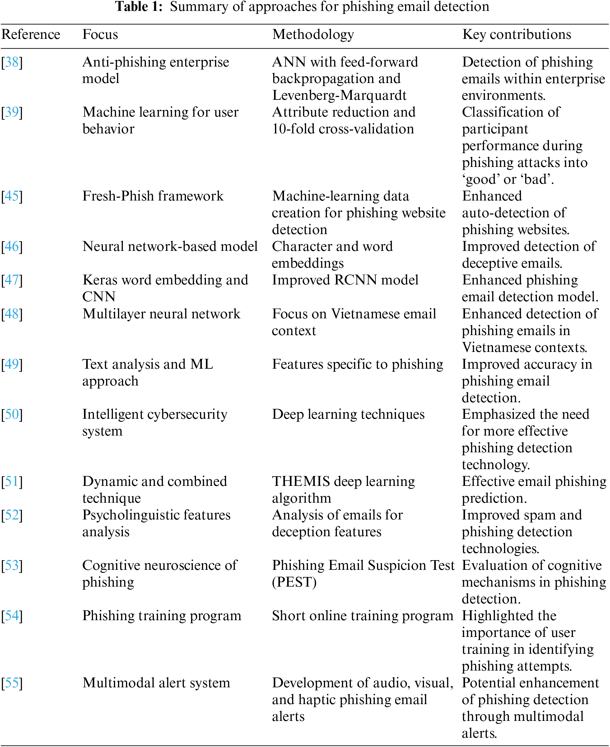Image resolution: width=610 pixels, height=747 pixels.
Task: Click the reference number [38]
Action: click(12, 62)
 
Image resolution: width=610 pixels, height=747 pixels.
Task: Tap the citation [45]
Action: click(12, 196)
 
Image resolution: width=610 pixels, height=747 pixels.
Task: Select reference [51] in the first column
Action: click(12, 482)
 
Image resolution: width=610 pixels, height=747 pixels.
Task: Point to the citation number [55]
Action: click(12, 683)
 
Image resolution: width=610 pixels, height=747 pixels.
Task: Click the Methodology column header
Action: click(313, 35)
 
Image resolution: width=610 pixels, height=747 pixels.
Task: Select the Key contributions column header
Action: click(517, 35)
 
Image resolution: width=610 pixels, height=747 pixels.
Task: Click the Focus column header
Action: click(100, 35)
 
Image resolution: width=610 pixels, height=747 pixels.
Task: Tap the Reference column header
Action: click(31, 35)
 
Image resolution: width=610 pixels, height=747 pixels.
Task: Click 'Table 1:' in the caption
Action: click(139, 7)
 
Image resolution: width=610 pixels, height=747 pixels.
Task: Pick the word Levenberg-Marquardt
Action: click(339, 95)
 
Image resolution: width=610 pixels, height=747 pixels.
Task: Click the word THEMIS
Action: click(301, 482)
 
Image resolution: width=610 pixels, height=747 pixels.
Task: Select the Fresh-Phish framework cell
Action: click(153, 196)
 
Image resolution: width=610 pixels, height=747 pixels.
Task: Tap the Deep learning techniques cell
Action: click(348, 414)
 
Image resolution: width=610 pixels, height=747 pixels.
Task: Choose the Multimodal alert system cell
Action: click(156, 683)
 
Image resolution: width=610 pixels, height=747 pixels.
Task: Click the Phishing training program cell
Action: click(162, 616)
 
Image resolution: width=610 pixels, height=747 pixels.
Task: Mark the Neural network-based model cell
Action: click(170, 247)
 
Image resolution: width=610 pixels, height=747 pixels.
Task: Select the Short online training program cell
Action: click(362, 616)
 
